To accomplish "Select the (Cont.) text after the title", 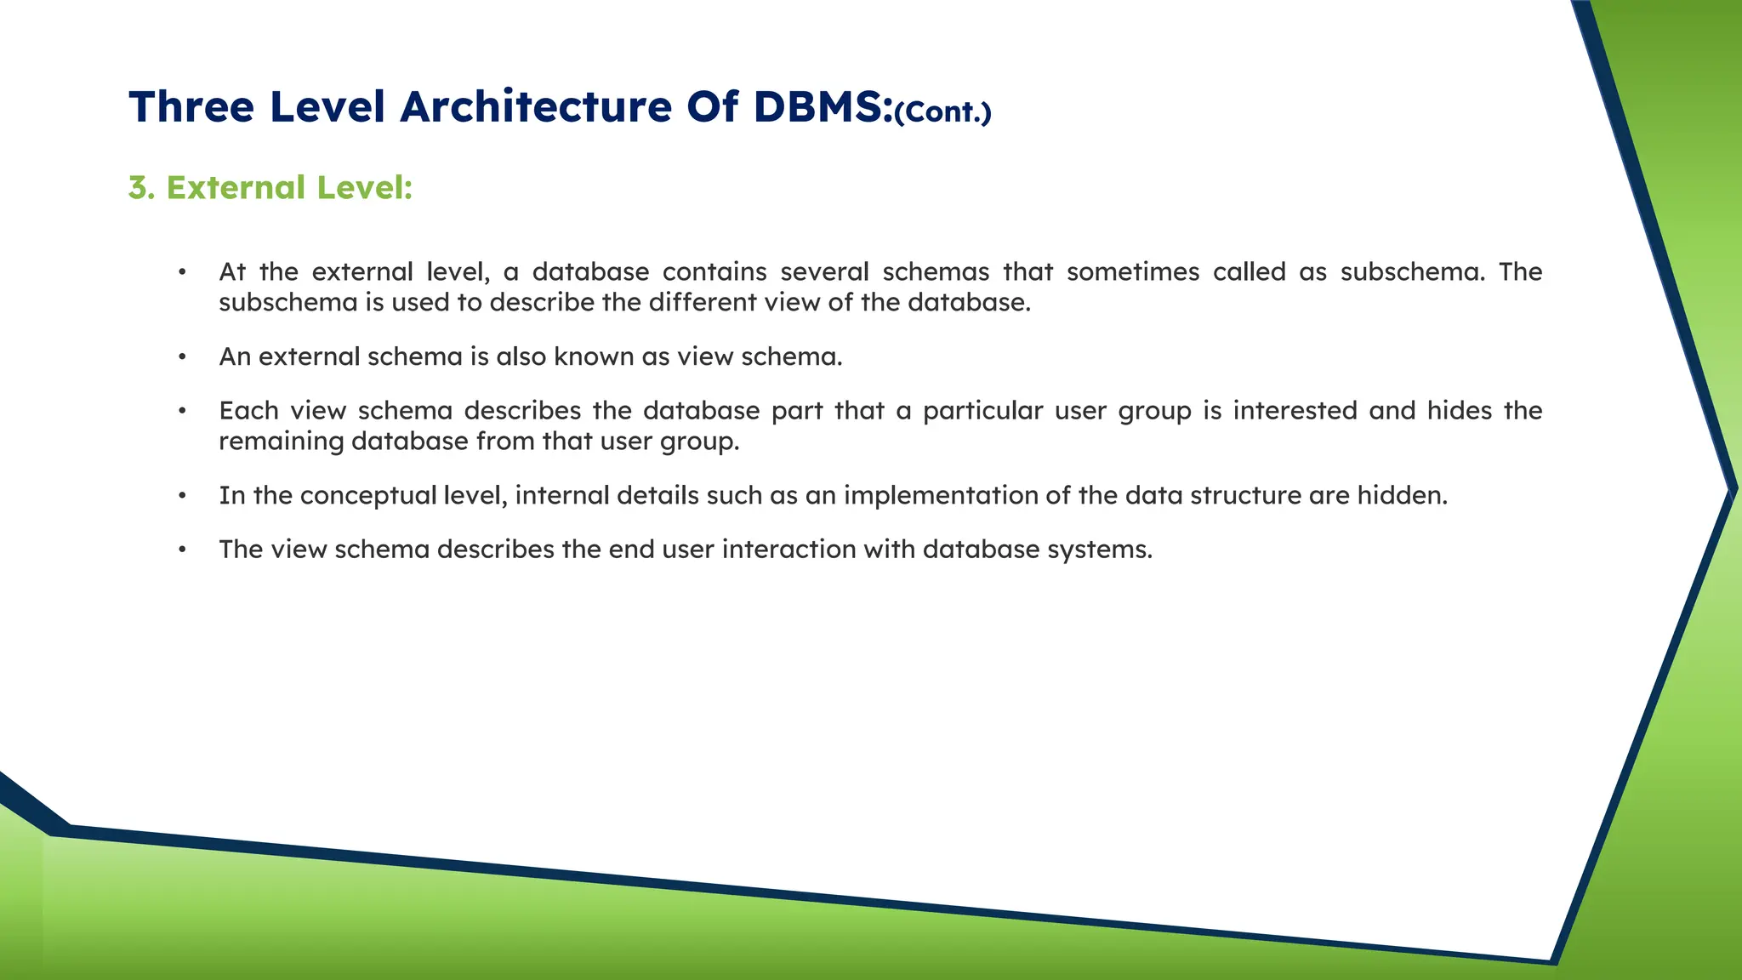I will click(942, 112).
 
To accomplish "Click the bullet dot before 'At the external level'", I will click(182, 272).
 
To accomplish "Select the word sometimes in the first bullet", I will click(1133, 272).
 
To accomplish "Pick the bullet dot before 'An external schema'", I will click(182, 357).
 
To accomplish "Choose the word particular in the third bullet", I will click(982, 411).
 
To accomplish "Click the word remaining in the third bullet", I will click(282, 442).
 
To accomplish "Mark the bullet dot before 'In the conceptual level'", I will click(182, 496).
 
